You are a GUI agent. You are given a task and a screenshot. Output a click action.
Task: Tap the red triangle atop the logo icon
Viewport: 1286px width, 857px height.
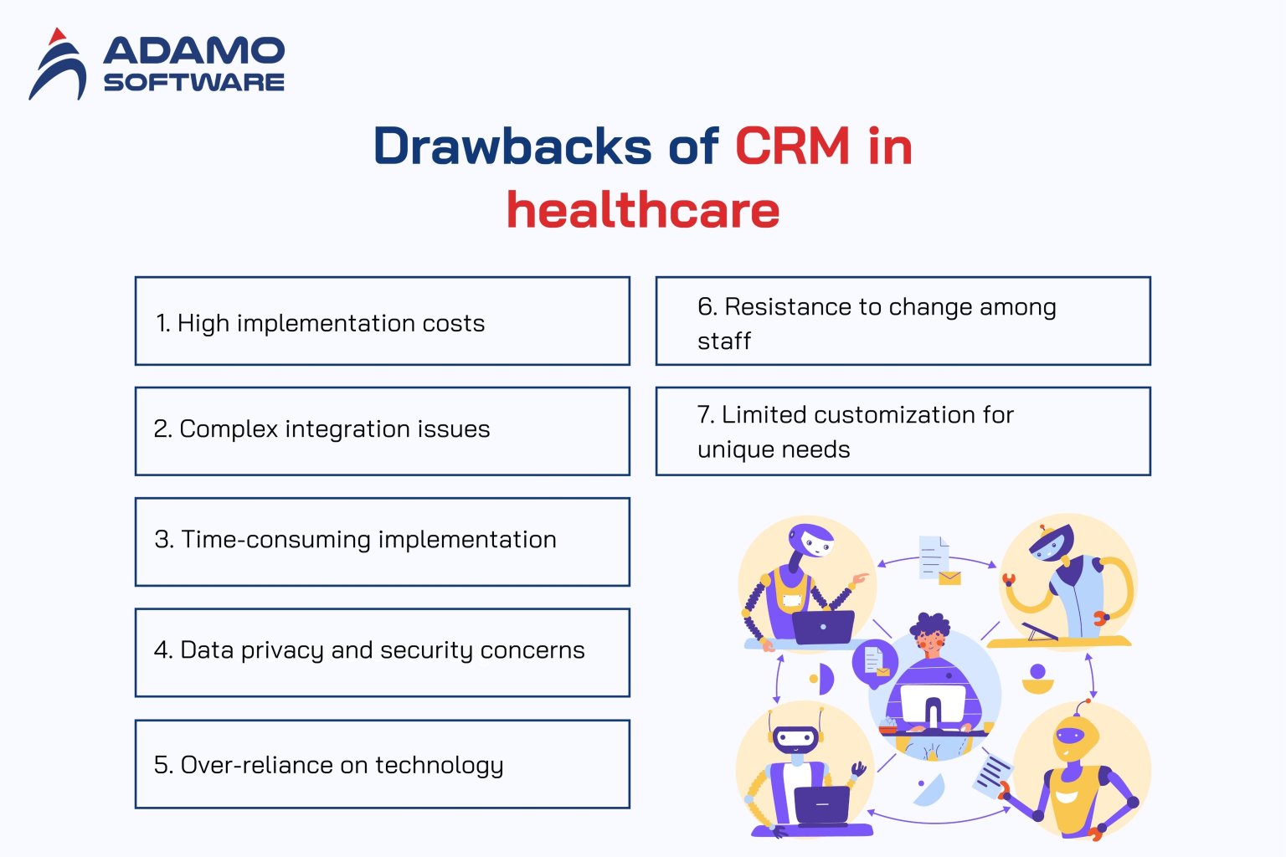tap(57, 37)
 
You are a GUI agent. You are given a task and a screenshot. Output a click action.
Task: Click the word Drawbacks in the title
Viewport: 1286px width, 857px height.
tap(512, 146)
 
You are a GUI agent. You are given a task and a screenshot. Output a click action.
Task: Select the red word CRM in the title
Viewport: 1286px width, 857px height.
tap(792, 146)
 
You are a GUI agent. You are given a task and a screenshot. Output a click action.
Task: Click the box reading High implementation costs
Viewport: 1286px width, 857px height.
tap(382, 321)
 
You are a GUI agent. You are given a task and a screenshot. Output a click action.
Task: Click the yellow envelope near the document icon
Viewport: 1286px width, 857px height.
tap(949, 577)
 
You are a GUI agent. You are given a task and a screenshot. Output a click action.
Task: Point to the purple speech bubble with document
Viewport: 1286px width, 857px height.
tap(875, 663)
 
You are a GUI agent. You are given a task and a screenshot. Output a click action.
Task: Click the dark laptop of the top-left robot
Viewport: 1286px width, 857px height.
tap(823, 627)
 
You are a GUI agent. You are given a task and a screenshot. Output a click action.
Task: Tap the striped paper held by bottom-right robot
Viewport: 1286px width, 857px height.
tap(993, 773)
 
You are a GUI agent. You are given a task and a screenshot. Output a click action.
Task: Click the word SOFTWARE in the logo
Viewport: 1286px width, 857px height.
tap(193, 82)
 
